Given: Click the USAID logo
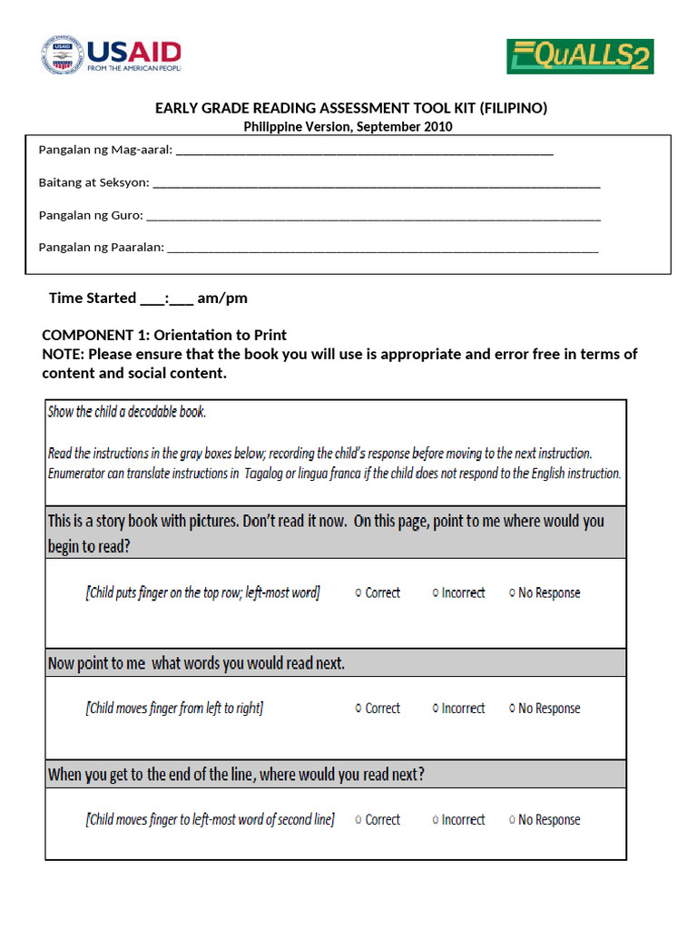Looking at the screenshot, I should coord(111,55).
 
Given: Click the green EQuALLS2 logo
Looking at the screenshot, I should coord(580,56).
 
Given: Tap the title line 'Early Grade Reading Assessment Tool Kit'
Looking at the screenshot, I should coord(350,109).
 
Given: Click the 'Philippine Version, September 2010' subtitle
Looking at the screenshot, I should coord(348,127).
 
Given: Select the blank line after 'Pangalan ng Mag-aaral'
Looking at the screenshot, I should coord(364,151).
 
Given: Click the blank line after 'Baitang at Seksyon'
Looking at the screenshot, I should coord(376,183).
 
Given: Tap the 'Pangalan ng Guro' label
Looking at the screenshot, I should coord(90,215).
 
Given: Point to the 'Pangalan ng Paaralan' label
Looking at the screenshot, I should coord(101,247).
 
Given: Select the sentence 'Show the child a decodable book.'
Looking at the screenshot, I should coord(127,412).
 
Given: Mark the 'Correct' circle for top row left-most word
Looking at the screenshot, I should coord(358,593).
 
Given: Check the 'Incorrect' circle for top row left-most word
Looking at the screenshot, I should coord(435,593).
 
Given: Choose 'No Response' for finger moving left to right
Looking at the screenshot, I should coord(512,709).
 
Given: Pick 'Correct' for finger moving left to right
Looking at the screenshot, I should coord(358,709).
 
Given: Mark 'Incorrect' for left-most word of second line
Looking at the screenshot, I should coord(435,820).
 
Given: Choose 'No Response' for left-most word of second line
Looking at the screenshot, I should coord(512,820).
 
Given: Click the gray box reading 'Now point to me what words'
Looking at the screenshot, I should coord(335,663).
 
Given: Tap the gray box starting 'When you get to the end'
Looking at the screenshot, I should coord(335,775).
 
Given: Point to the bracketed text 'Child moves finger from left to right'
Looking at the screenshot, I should coord(174,709).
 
